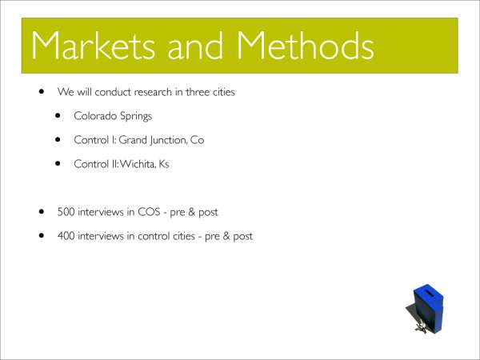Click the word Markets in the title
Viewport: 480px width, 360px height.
click(93, 46)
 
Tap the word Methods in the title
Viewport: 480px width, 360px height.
click(306, 45)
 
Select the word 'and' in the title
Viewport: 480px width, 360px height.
click(195, 46)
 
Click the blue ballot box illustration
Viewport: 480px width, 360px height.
click(425, 308)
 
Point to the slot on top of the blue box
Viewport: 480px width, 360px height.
click(430, 293)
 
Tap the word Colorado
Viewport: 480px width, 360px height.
click(95, 116)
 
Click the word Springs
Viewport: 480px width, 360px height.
click(136, 116)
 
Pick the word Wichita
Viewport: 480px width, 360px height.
click(138, 164)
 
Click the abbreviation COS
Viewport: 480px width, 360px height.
click(149, 212)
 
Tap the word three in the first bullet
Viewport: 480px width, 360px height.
click(198, 92)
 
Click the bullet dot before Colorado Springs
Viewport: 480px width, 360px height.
click(58, 115)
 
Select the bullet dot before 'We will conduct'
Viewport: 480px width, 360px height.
click(42, 91)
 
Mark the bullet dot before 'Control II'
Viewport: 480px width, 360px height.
click(58, 163)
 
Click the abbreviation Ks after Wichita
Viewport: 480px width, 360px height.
click(164, 164)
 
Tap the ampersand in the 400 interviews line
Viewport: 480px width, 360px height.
click(226, 236)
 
